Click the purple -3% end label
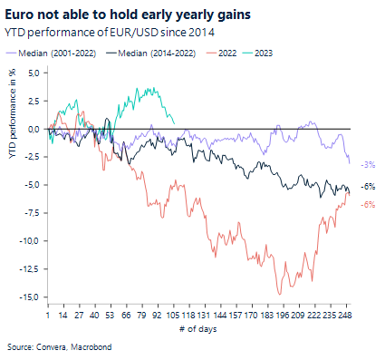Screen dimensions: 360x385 click(368, 164)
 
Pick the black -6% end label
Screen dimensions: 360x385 click(368, 186)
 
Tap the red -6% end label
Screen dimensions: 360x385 click(368, 204)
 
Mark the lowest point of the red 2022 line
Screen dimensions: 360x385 click(279, 294)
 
